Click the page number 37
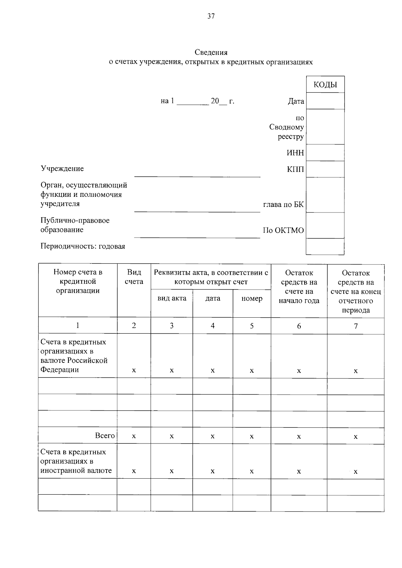point(211,16)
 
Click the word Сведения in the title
point(211,53)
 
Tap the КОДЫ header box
point(325,85)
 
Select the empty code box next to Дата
point(325,101)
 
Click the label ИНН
point(295,153)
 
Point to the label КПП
point(295,169)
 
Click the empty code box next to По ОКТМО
point(325,226)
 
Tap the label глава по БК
point(283,205)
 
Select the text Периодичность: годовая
point(83,246)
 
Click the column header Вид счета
point(134,277)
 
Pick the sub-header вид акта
point(172,298)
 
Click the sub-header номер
point(252,298)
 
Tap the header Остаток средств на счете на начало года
point(299,287)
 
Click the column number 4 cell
point(212,326)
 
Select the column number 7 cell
point(355,326)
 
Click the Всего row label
point(105,435)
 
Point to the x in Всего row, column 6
point(299,436)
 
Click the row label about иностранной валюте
point(76,461)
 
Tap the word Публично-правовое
point(75,221)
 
